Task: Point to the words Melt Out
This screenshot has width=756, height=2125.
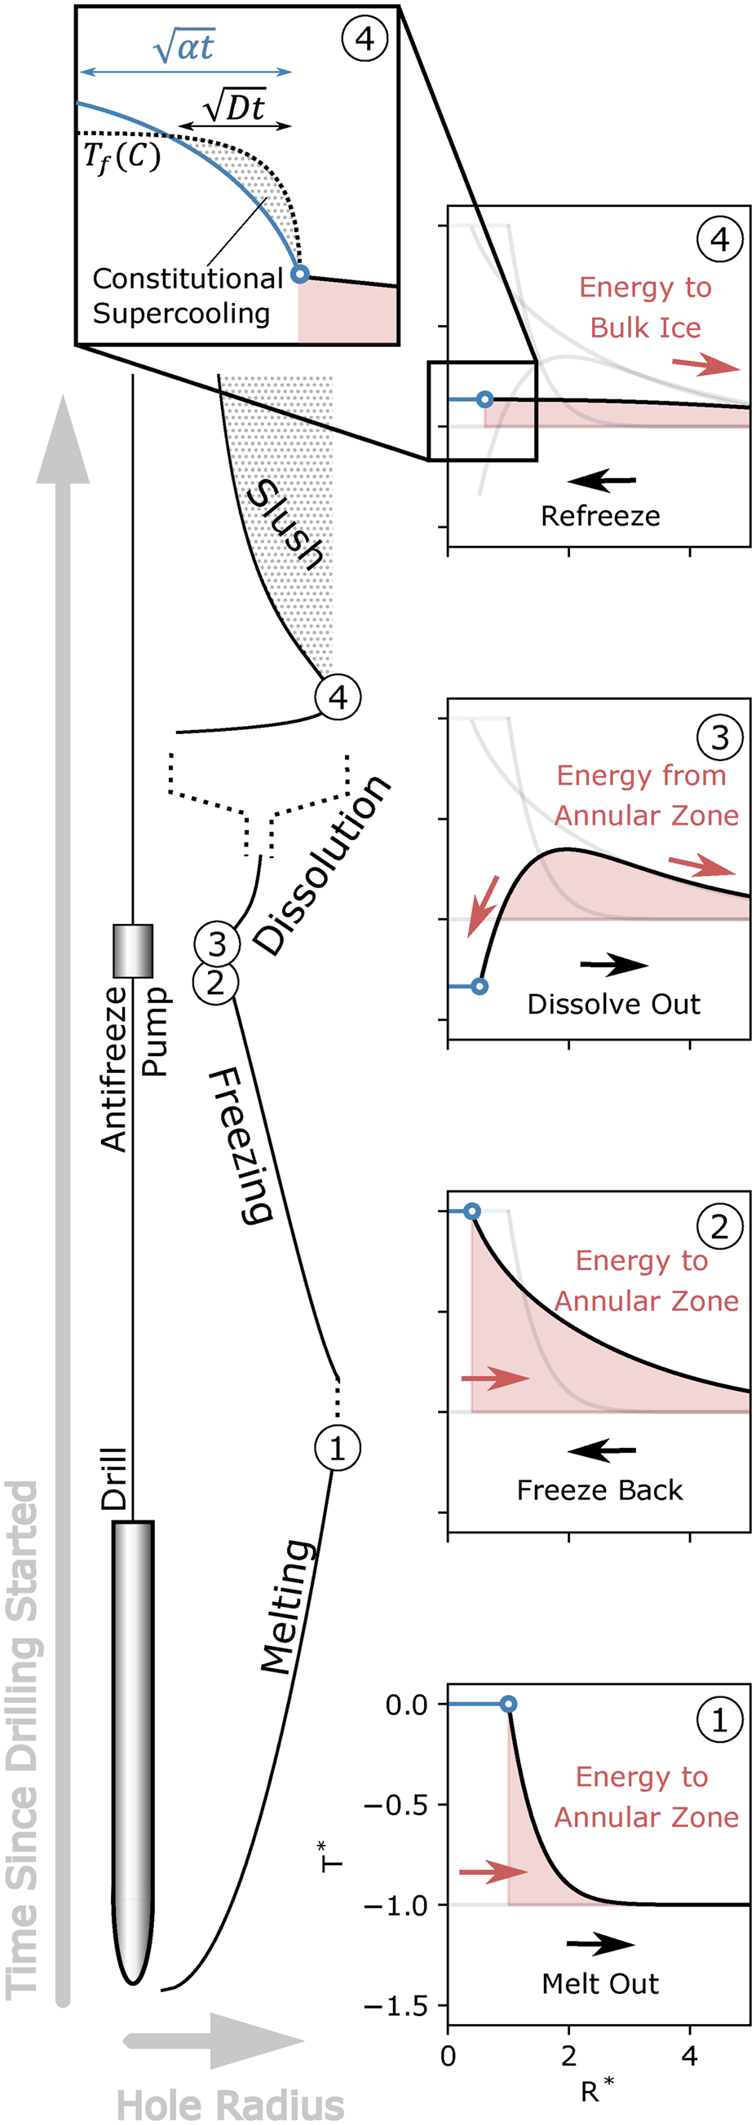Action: pos(600,1983)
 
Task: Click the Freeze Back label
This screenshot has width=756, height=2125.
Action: pos(600,1489)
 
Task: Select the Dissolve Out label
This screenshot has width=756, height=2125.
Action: pos(613,1004)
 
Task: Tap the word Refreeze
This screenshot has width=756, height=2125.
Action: pos(600,516)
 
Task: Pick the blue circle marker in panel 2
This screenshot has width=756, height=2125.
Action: pos(471,1211)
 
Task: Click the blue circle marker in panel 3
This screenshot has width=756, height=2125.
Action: pos(480,986)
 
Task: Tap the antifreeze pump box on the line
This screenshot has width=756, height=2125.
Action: pos(133,950)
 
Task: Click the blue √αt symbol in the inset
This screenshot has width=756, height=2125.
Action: pos(184,47)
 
